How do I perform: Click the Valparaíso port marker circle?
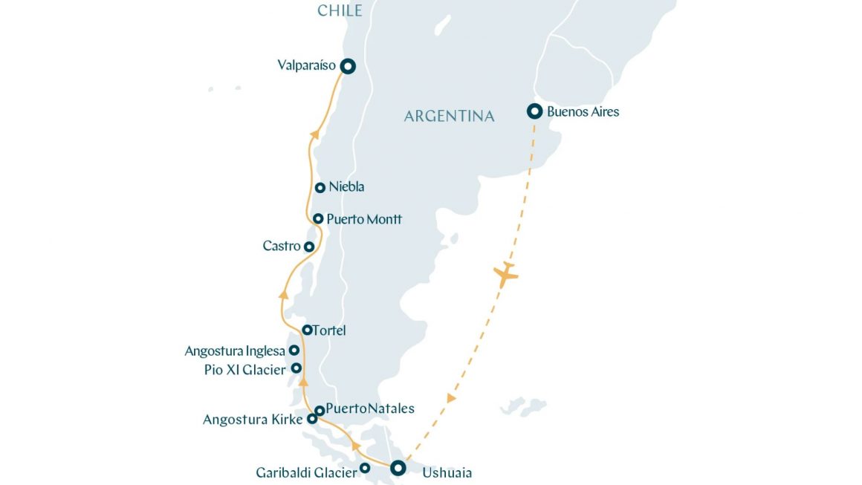click(347, 66)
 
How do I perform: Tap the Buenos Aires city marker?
click(534, 112)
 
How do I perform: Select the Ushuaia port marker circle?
click(398, 468)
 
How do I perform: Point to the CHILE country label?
click(340, 10)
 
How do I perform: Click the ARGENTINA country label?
click(449, 117)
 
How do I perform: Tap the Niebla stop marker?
click(320, 188)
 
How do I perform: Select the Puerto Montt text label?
click(364, 219)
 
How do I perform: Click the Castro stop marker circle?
click(309, 247)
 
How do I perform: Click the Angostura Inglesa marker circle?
click(294, 351)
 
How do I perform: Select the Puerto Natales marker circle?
click(320, 410)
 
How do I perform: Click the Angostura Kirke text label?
click(253, 420)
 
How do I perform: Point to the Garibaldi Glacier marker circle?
click(365, 468)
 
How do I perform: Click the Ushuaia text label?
click(447, 472)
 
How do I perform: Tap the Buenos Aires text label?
click(583, 112)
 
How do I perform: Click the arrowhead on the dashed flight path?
click(450, 398)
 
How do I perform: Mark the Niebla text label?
click(346, 187)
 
